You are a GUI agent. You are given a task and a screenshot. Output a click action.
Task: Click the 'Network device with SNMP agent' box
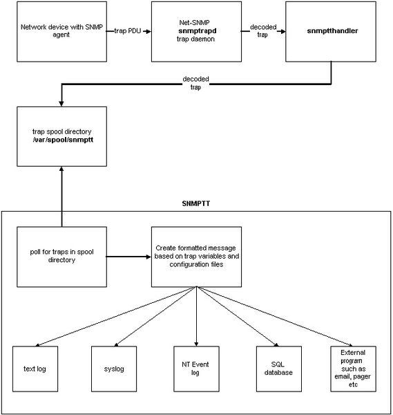pos(62,32)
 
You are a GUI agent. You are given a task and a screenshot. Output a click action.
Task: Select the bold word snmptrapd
pos(198,31)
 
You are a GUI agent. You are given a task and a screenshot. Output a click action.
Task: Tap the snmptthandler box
pos(331,32)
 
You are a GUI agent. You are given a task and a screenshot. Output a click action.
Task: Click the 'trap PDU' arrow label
pos(127,31)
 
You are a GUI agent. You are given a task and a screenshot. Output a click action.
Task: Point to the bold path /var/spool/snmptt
pos(63,140)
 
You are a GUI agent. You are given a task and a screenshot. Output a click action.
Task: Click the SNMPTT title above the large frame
pos(196,203)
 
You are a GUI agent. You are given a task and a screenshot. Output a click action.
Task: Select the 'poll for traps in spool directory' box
pos(62,257)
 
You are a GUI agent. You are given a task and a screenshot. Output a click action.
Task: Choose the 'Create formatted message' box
pos(196,257)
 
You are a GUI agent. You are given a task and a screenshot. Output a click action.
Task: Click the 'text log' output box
pos(35,369)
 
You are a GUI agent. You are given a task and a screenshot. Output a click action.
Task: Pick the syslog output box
pos(114,369)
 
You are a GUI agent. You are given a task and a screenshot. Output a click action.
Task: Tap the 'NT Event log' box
pos(196,369)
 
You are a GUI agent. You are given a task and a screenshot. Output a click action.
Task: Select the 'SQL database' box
pos(279,369)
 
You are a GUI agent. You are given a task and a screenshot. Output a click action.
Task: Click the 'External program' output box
pos(354,369)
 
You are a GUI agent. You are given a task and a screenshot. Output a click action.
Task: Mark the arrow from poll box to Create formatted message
pos(128,257)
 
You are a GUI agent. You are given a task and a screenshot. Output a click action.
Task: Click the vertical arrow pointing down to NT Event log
pos(196,317)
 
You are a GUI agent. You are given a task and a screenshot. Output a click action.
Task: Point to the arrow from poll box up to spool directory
pos(62,196)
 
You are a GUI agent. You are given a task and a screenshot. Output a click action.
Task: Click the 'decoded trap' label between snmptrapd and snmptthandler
pos(263,30)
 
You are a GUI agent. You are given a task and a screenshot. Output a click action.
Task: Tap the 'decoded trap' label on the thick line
pos(196,83)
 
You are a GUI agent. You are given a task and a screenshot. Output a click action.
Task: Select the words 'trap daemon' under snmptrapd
pos(195,39)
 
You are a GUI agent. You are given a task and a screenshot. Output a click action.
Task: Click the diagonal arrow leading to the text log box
pos(116,317)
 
